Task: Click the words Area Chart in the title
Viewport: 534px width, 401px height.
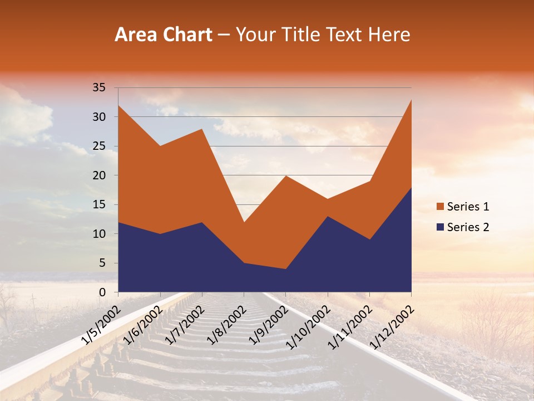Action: pyautogui.click(x=164, y=35)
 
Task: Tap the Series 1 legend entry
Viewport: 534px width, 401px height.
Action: pyautogui.click(x=468, y=207)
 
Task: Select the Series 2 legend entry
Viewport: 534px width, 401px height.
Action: pyautogui.click(x=468, y=227)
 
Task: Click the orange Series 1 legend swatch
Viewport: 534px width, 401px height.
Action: pyautogui.click(x=441, y=207)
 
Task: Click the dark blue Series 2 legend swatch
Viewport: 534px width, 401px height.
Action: pyautogui.click(x=441, y=227)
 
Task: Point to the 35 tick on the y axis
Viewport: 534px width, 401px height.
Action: pyautogui.click(x=99, y=87)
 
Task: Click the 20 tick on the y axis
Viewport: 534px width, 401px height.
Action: pyautogui.click(x=99, y=175)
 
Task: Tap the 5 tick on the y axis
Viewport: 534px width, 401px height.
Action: pyautogui.click(x=102, y=263)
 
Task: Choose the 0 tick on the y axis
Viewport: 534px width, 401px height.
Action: pyautogui.click(x=102, y=292)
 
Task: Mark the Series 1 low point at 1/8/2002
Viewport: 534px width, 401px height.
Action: pyautogui.click(x=244, y=222)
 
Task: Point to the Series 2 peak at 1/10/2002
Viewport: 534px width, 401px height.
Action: pyautogui.click(x=328, y=216)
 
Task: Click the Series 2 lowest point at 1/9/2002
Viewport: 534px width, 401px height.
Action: pyautogui.click(x=286, y=269)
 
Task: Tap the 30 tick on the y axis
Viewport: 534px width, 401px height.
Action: pyautogui.click(x=99, y=117)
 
